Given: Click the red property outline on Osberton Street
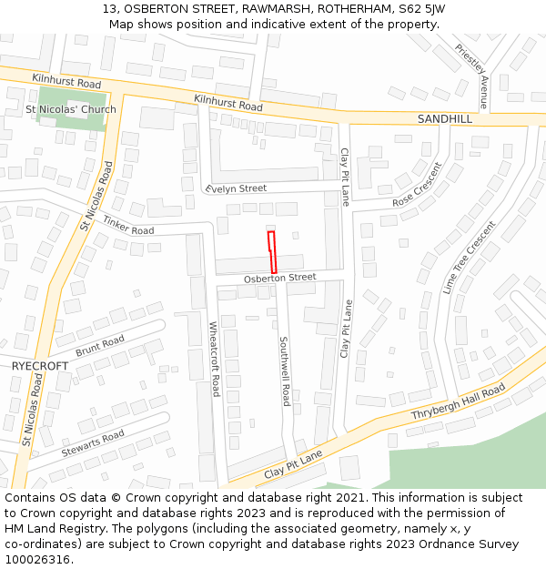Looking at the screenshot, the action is tap(271, 258).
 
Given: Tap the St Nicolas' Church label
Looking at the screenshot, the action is tap(71, 110).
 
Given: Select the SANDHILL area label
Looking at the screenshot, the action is tap(445, 119).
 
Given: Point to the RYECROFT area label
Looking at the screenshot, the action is tap(40, 365).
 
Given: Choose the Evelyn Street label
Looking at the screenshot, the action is tap(237, 188).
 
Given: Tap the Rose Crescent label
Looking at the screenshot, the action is tap(417, 186).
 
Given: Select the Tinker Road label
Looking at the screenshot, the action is tap(127, 225).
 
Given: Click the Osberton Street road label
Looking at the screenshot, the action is tap(279, 277).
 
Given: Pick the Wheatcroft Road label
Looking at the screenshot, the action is tap(215, 358).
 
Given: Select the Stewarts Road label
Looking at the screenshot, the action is tap(92, 443).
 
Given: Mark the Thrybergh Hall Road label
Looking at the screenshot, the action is tap(458, 402).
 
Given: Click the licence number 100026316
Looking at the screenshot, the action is tap(37, 559).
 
